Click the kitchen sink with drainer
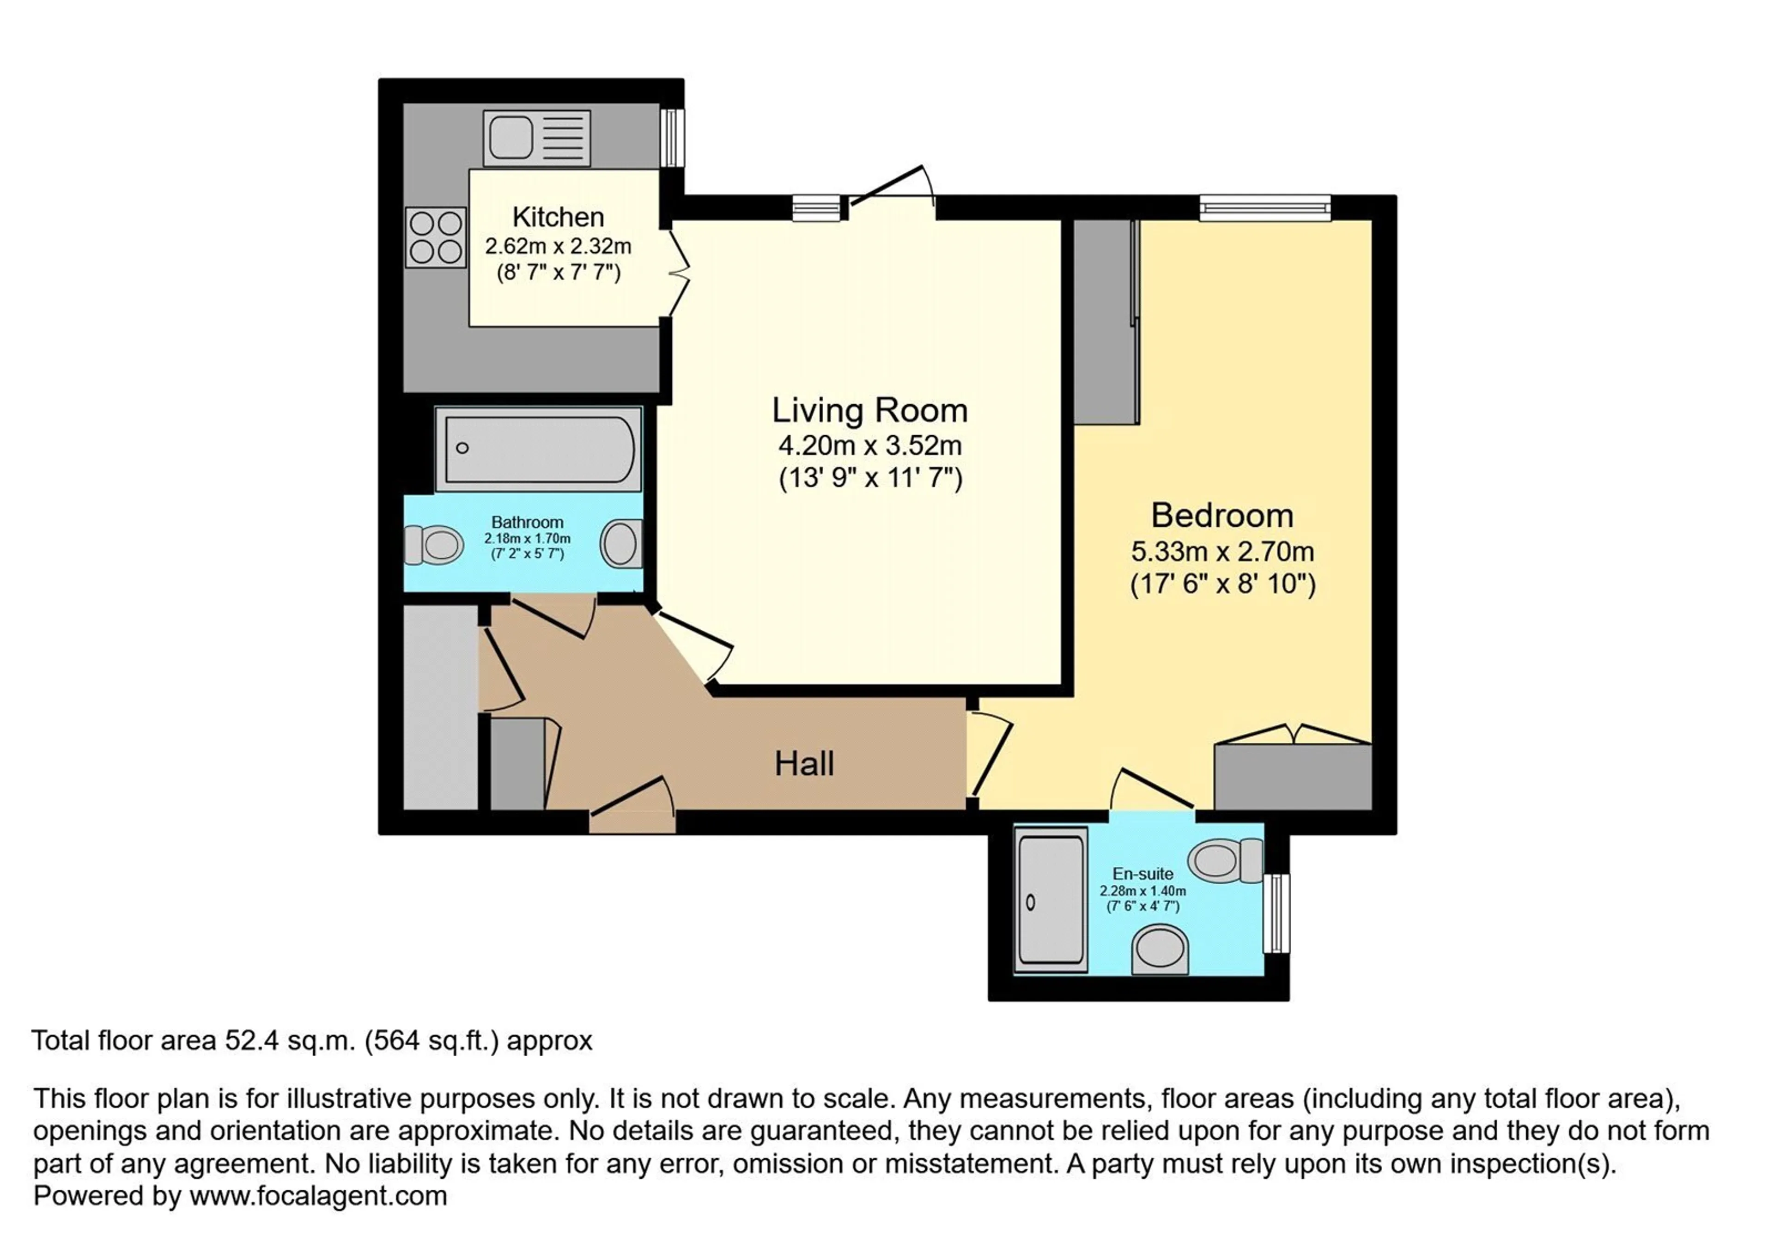(x=537, y=138)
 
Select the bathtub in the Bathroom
(x=539, y=449)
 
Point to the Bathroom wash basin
(x=622, y=544)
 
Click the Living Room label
(x=870, y=410)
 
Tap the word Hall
(x=804, y=764)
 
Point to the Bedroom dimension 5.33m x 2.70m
(x=1222, y=552)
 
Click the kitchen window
(x=672, y=138)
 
